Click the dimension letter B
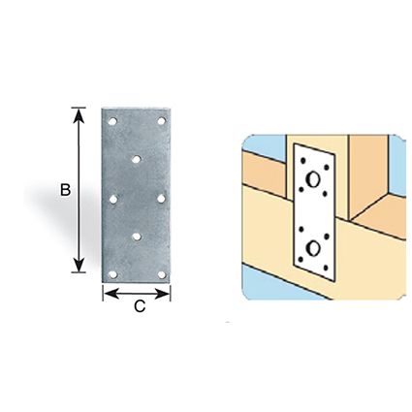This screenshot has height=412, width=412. (x=66, y=190)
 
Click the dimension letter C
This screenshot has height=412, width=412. (x=140, y=306)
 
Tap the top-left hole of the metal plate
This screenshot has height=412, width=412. (x=112, y=121)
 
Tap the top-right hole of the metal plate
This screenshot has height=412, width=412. (x=162, y=121)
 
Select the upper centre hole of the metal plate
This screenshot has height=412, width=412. (x=137, y=159)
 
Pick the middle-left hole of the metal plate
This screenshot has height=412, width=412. (x=113, y=200)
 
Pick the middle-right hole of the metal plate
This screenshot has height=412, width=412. (x=161, y=199)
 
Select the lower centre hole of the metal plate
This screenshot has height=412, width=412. (x=137, y=237)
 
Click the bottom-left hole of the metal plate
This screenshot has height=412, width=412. (x=112, y=274)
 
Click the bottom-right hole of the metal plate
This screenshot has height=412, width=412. (x=162, y=274)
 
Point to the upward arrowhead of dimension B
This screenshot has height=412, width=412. (x=79, y=115)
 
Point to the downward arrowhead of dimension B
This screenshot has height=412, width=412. (x=79, y=265)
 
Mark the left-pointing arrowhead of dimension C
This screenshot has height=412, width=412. (x=111, y=294)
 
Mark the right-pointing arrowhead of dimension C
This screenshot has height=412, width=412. (x=162, y=294)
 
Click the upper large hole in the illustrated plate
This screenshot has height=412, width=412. (x=313, y=179)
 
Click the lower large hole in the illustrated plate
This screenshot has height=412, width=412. (x=313, y=248)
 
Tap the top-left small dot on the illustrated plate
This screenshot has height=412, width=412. (x=302, y=160)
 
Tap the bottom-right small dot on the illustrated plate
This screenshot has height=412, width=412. (x=326, y=268)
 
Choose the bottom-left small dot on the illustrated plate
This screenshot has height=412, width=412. (x=301, y=259)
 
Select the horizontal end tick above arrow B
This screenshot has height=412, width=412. (x=79, y=108)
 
